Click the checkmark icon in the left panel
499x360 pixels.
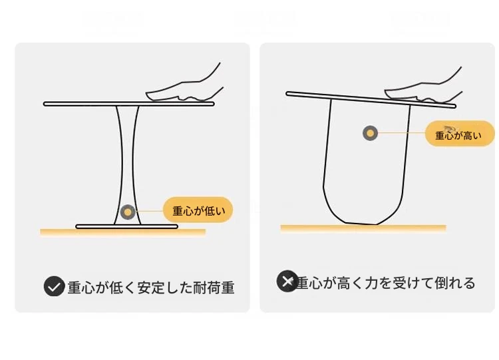point(54,286)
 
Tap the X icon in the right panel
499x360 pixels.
point(287,281)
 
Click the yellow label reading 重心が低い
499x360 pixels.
point(198,210)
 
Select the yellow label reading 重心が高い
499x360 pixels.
point(460,134)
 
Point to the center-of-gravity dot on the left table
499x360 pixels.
point(128,212)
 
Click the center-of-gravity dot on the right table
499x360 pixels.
point(370,133)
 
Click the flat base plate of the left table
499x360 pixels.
point(126,227)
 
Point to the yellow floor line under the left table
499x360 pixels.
point(123,232)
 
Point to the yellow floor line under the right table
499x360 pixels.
point(363,228)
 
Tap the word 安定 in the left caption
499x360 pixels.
point(151,287)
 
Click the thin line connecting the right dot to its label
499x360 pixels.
point(402,132)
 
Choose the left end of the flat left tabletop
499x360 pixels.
point(45,104)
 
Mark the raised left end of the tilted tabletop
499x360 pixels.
point(287,94)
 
